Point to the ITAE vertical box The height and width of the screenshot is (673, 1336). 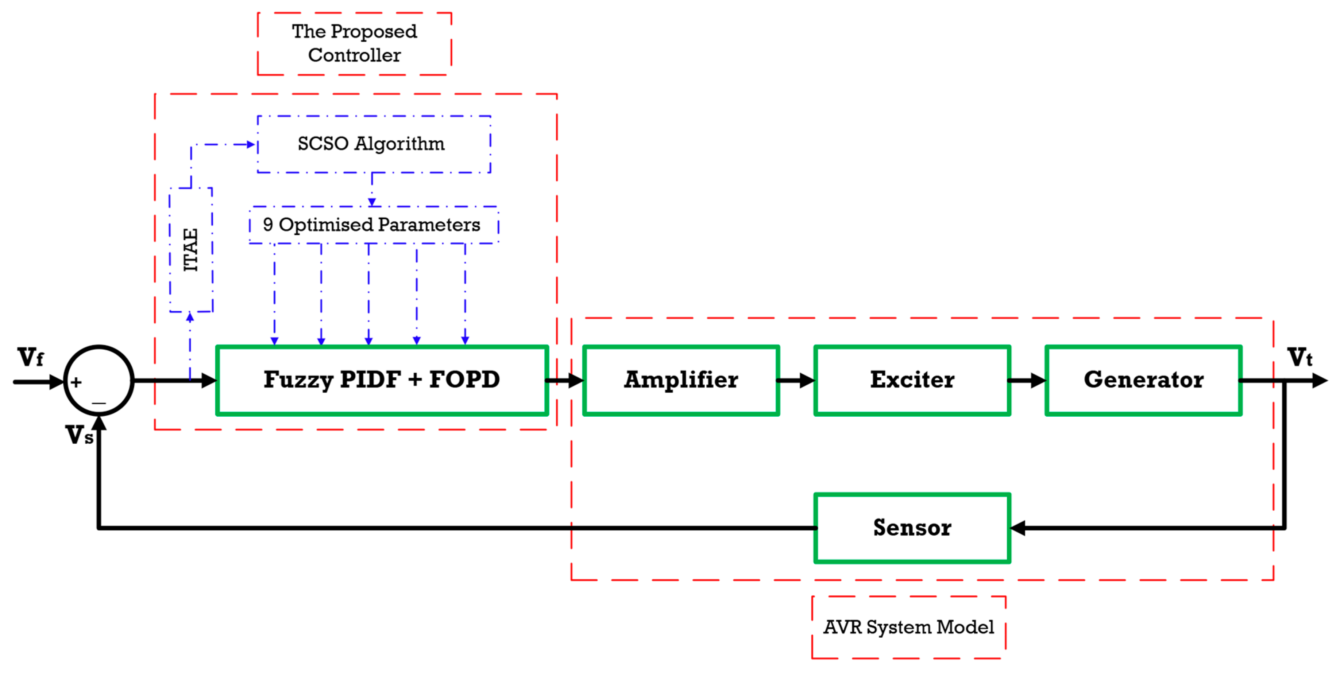(191, 250)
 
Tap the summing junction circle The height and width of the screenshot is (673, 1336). (99, 380)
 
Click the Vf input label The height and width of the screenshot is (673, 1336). (30, 358)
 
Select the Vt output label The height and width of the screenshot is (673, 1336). (1300, 358)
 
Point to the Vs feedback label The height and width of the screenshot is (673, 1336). (79, 435)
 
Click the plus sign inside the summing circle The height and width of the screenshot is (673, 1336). (76, 383)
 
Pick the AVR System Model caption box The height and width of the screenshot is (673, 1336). (909, 627)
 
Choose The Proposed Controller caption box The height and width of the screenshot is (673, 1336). (354, 43)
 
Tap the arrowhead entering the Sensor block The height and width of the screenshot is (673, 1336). (1018, 528)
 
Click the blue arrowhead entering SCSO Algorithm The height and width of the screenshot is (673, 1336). (251, 144)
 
